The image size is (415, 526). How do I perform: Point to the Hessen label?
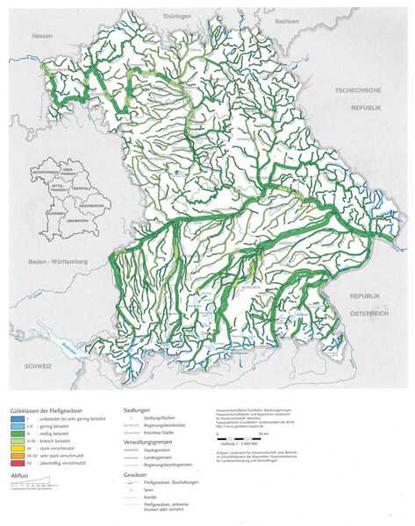18,37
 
